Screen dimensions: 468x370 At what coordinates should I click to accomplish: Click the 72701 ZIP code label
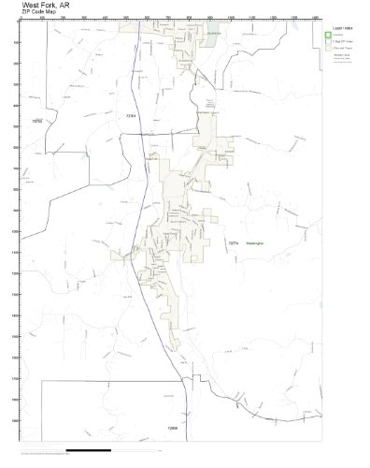click(x=131, y=115)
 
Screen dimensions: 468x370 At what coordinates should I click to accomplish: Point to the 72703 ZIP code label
click(x=38, y=120)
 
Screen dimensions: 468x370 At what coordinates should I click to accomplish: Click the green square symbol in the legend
click(x=328, y=38)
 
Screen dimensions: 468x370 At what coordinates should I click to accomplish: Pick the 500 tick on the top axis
click(x=125, y=18)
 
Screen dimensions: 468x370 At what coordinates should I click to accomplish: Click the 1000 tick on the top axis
click(x=230, y=18)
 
